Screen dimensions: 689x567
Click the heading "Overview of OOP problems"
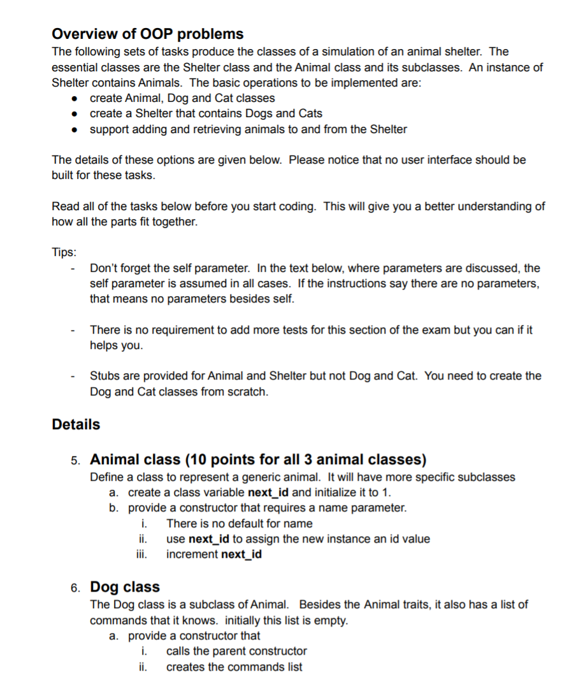tap(147, 34)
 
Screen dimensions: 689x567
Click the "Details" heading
tap(76, 425)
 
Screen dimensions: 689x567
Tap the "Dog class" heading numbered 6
tap(125, 586)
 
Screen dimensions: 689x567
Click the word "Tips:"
tap(64, 252)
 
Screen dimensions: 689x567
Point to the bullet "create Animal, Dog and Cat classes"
tap(182, 98)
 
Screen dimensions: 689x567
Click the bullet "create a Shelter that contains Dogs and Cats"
tap(206, 113)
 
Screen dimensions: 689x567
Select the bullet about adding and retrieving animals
tap(248, 129)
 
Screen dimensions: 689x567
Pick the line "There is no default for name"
tap(239, 523)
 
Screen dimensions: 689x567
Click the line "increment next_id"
tap(213, 554)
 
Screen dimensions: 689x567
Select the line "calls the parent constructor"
tap(236, 651)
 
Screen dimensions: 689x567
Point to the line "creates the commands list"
tap(234, 667)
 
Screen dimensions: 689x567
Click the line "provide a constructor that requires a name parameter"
tap(267, 508)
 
